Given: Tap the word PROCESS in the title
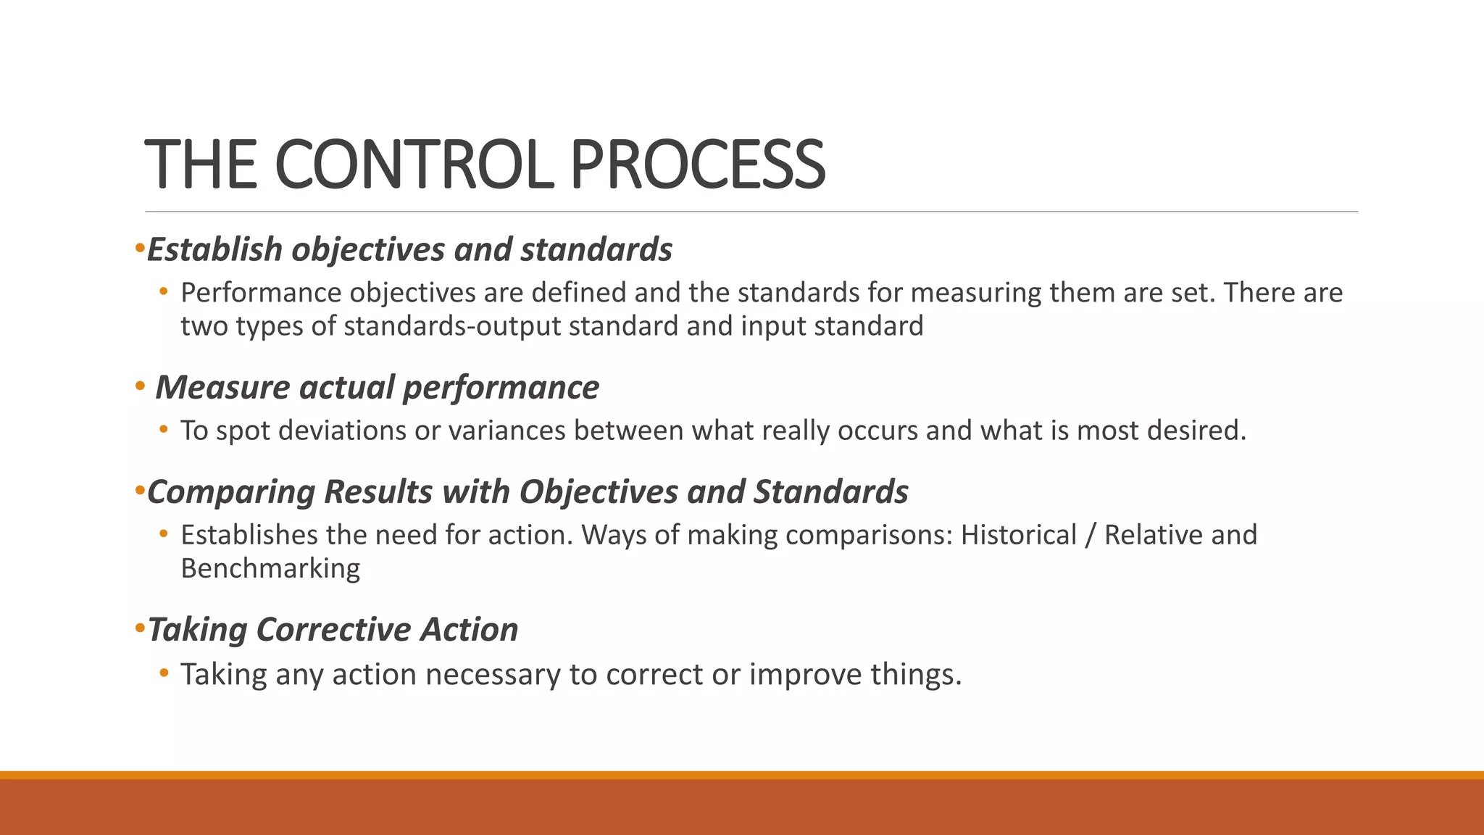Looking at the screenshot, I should click(x=697, y=165).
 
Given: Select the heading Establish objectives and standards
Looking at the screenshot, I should click(x=409, y=249).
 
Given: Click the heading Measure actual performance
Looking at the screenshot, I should click(x=377, y=387).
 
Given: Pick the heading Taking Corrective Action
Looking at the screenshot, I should click(x=333, y=629).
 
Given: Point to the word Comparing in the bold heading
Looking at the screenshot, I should click(x=231, y=492).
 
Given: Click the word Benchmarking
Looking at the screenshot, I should click(x=270, y=568).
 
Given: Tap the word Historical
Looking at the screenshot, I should click(x=1018, y=535).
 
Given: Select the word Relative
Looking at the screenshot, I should click(x=1153, y=535).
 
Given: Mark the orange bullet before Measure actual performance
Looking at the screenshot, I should click(x=140, y=386).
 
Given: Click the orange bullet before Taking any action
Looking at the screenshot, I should click(x=164, y=673).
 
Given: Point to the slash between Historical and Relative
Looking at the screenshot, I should click(x=1090, y=535).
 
